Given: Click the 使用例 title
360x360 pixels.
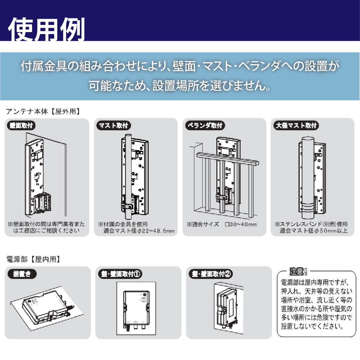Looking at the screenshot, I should coord(46,29).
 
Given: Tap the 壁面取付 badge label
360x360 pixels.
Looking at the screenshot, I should coord(21,125).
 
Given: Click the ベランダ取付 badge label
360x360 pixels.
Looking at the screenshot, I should coord(205,125).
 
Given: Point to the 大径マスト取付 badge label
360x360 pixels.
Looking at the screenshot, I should coord(296,125).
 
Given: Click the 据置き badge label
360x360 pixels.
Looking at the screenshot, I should coord(22,274).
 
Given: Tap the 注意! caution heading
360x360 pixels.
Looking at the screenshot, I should coord(298,271).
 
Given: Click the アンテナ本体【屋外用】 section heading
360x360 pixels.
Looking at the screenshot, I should coord(43,112).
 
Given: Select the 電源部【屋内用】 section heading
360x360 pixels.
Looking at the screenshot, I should coord(33,259).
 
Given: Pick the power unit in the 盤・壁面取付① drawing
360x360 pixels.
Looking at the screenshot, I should coord(136,308).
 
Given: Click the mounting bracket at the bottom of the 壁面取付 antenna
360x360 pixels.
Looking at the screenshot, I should coord(41,203).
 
